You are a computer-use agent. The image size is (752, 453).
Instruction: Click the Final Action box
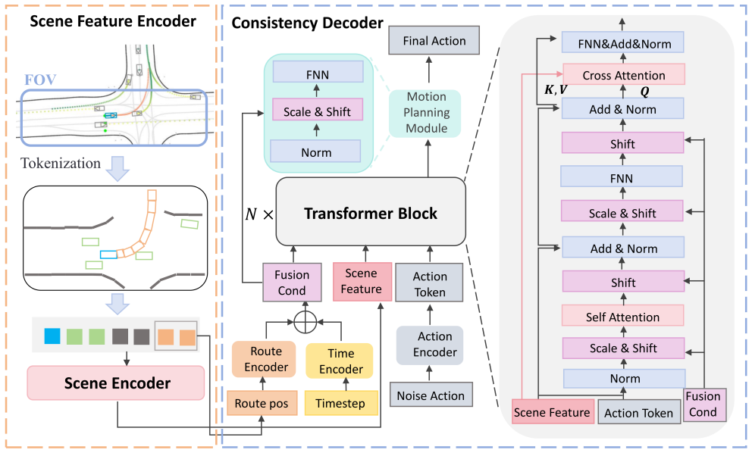(x=434, y=40)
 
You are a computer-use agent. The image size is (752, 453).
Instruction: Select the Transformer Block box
(x=371, y=213)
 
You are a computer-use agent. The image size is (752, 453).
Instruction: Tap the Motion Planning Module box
(x=426, y=112)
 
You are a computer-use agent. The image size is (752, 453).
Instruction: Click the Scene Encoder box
(x=116, y=383)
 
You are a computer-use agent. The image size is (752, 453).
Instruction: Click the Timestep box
(x=341, y=403)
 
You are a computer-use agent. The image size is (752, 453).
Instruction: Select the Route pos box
(x=262, y=403)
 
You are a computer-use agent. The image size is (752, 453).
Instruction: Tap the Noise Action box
(x=431, y=395)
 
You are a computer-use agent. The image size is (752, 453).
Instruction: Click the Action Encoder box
(x=430, y=345)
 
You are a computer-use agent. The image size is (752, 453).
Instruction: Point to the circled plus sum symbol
(x=305, y=322)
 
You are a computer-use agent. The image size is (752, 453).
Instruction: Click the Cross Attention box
(x=623, y=75)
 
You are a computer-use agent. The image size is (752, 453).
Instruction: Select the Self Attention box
(x=623, y=317)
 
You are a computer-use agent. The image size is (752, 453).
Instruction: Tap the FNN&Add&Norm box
(x=623, y=43)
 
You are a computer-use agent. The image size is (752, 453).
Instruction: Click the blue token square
(x=52, y=336)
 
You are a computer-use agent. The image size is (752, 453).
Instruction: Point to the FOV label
(x=41, y=79)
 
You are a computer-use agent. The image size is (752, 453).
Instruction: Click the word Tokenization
(x=61, y=163)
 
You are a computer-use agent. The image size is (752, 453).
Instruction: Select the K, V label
(x=556, y=89)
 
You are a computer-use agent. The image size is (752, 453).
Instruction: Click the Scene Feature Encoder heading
(x=113, y=21)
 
